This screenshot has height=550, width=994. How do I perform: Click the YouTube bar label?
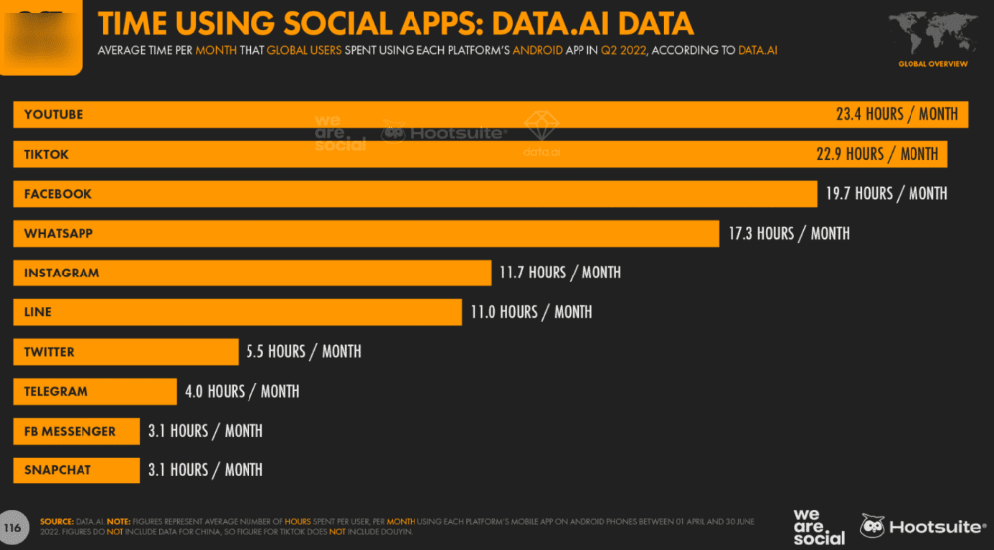click(54, 115)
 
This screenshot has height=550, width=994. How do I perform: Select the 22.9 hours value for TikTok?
click(878, 154)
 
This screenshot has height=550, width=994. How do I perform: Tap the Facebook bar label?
click(58, 194)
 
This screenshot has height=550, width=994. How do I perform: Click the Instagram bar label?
click(62, 273)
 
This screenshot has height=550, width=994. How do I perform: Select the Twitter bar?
click(125, 352)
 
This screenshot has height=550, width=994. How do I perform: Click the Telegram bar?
click(93, 392)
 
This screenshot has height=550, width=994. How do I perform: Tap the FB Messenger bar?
click(76, 431)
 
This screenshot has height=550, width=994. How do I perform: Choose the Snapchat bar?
click(76, 470)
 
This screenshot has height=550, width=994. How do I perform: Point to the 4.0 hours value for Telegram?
click(242, 392)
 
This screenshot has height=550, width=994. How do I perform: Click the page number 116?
click(13, 526)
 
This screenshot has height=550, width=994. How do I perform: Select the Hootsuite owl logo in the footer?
click(873, 526)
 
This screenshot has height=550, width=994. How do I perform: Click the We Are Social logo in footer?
click(818, 526)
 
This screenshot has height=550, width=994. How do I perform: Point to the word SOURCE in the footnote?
click(56, 521)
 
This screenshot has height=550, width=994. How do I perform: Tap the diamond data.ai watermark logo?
click(542, 126)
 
